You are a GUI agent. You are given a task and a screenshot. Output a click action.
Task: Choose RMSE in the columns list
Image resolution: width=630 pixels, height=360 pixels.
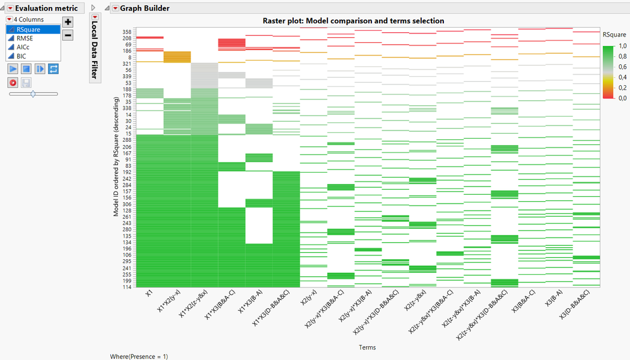coord(25,38)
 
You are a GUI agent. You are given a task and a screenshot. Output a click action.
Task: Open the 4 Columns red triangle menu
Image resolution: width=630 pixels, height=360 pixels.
coord(9,20)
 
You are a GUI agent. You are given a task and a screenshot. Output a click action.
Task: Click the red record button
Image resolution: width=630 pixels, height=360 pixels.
coord(13,82)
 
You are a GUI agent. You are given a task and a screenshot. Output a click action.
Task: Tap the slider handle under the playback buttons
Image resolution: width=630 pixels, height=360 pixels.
coord(33,93)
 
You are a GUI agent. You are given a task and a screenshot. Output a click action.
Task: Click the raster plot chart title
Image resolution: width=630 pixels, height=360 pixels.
coord(353,21)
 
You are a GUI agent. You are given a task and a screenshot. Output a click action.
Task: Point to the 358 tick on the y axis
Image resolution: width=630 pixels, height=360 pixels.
coord(127,32)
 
